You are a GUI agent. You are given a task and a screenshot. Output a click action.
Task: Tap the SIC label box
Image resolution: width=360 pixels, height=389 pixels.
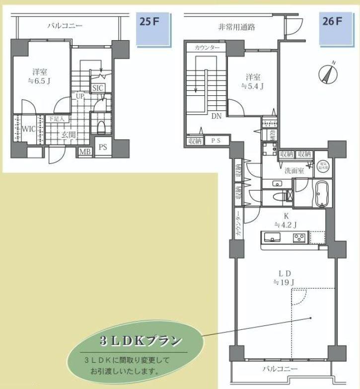[97, 87]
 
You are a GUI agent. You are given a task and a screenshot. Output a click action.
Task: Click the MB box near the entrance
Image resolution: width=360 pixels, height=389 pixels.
[85, 151]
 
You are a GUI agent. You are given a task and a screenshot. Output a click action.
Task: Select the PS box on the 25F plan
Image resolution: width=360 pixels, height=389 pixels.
[103, 148]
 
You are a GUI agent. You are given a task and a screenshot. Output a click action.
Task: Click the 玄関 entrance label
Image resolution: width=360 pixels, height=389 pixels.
[68, 134]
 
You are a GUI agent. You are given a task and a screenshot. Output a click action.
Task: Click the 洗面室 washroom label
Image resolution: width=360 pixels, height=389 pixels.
[280, 170]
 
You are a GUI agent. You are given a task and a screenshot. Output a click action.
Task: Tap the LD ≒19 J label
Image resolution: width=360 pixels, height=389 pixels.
[284, 278]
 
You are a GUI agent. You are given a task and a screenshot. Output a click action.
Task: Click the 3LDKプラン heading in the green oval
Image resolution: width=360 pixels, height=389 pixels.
[141, 341]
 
